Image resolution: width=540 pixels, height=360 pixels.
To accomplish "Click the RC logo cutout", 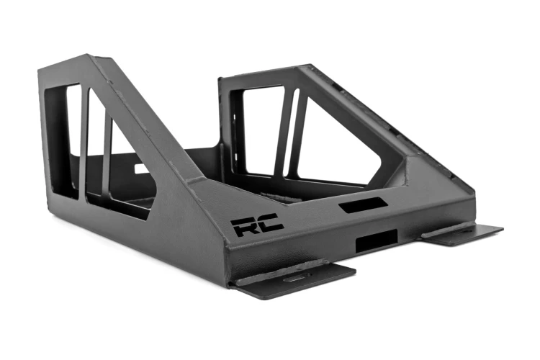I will click(x=257, y=225).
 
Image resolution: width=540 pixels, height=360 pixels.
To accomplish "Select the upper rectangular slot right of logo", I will click(x=357, y=207).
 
